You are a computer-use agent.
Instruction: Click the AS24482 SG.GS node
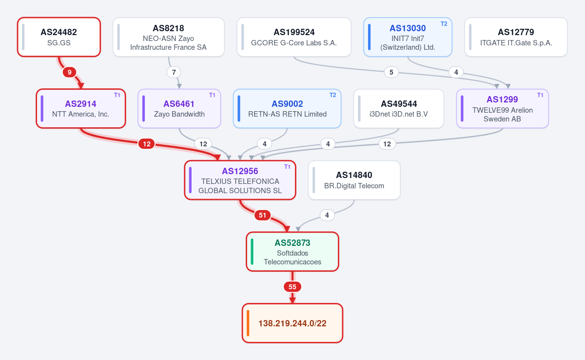pyautogui.click(x=59, y=37)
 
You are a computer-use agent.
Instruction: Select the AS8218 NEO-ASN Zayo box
pyautogui.click(x=169, y=37)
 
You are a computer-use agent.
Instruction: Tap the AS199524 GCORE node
pyautogui.click(x=294, y=37)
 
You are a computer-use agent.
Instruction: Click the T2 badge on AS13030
pyautogui.click(x=444, y=24)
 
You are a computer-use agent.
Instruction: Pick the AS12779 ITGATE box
pyautogui.click(x=516, y=37)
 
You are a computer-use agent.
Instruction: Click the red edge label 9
pyautogui.click(x=69, y=72)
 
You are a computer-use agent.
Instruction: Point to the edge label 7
pyautogui.click(x=174, y=72)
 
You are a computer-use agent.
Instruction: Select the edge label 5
pyautogui.click(x=391, y=72)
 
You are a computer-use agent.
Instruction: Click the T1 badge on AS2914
pyautogui.click(x=117, y=95)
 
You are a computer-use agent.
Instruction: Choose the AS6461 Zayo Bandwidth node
pyautogui.click(x=179, y=108)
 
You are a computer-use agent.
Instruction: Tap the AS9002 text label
pyautogui.click(x=287, y=104)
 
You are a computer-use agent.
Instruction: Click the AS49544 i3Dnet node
pyautogui.click(x=399, y=108)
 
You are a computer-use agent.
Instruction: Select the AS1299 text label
pyautogui.click(x=502, y=100)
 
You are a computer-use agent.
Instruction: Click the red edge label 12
pyautogui.click(x=147, y=144)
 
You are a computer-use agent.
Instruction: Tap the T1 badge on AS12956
pyautogui.click(x=287, y=167)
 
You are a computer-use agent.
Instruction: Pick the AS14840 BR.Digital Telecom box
pyautogui.click(x=354, y=180)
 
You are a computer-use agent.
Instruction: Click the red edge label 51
pyautogui.click(x=262, y=215)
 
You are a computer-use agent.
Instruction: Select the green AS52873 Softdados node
pyautogui.click(x=292, y=252)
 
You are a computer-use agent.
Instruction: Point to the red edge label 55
pyautogui.click(x=292, y=287)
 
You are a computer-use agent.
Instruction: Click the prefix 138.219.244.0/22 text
pyautogui.click(x=292, y=323)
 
